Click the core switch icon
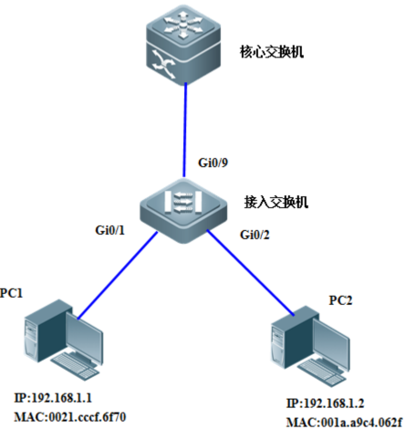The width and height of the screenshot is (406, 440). pyautogui.click(x=183, y=44)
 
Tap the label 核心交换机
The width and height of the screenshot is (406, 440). pyautogui.click(x=272, y=51)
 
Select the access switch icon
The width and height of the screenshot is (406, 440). pyautogui.click(x=183, y=211)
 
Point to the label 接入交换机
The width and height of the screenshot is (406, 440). pyautogui.click(x=276, y=202)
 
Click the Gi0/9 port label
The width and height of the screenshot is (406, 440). pyautogui.click(x=213, y=162)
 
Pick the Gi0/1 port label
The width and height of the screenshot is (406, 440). pyautogui.click(x=110, y=230)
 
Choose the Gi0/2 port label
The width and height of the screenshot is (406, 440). pyautogui.click(x=255, y=235)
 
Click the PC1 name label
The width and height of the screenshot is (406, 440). pyautogui.click(x=11, y=293)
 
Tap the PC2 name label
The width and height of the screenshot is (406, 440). pyautogui.click(x=340, y=300)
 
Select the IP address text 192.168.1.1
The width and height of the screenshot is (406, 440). pyautogui.click(x=61, y=398)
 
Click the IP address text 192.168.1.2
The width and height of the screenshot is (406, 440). pyautogui.click(x=334, y=403)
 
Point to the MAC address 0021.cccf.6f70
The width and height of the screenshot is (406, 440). pyautogui.click(x=88, y=417)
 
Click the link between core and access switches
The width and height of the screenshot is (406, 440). pyautogui.click(x=185, y=130)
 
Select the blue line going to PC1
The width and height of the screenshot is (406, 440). pyautogui.click(x=118, y=276)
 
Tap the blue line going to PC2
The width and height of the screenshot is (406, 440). pyautogui.click(x=251, y=273)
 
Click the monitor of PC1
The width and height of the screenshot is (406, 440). pyautogui.click(x=84, y=338)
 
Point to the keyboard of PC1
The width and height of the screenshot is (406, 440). pyautogui.click(x=75, y=366)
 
